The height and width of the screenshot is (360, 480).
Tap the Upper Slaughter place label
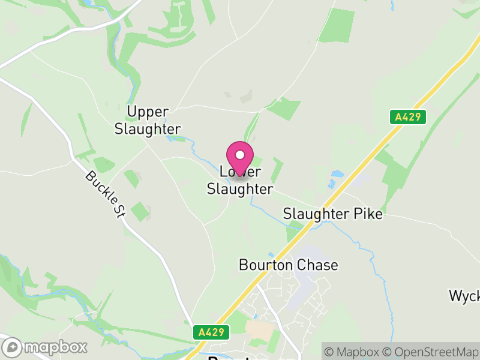click(154, 120)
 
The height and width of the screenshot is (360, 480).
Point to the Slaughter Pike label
click(332, 214)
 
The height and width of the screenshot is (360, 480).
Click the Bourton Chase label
click(288, 265)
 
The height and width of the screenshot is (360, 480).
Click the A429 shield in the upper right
click(410, 117)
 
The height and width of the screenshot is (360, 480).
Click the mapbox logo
click(46, 346)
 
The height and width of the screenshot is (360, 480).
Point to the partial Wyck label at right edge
click(464, 295)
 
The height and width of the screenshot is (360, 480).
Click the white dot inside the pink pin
click(240, 154)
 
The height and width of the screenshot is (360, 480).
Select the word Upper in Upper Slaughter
click(148, 112)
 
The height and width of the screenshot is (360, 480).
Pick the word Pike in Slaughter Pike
click(367, 214)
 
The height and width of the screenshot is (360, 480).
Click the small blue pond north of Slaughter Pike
click(337, 175)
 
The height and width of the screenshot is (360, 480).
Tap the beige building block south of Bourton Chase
click(257, 329)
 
